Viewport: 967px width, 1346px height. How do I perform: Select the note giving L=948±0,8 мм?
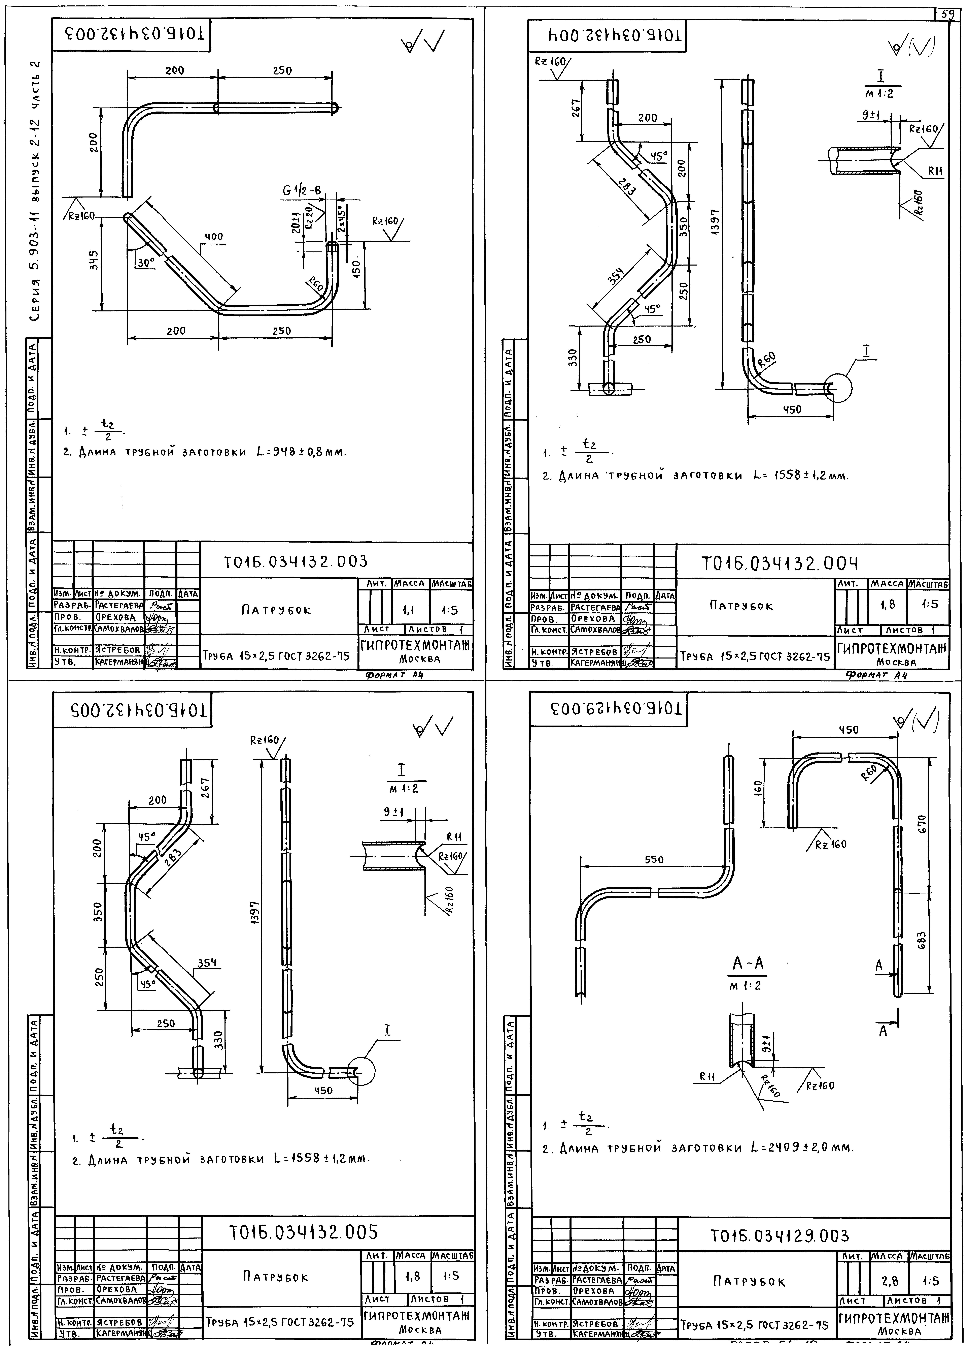pyautogui.click(x=205, y=452)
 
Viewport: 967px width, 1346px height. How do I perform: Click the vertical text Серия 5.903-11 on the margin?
pyautogui.click(x=37, y=190)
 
